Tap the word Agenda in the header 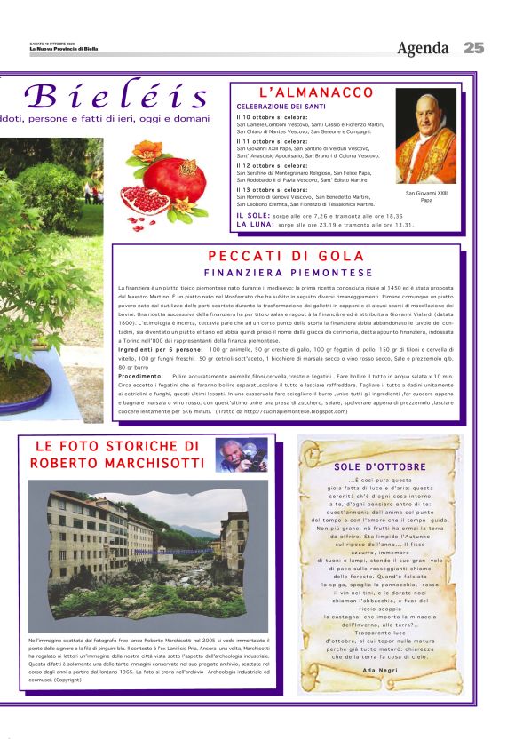click(423, 48)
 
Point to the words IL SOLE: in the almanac click(253, 216)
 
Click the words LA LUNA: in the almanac click(255, 225)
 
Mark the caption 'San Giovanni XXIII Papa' click(426, 196)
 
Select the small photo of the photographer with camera click(242, 455)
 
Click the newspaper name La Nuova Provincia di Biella click(63, 50)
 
